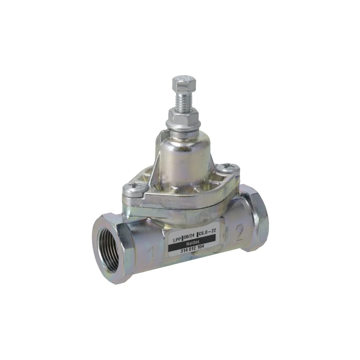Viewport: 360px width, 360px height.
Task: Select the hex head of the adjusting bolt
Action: click(x=184, y=83)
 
